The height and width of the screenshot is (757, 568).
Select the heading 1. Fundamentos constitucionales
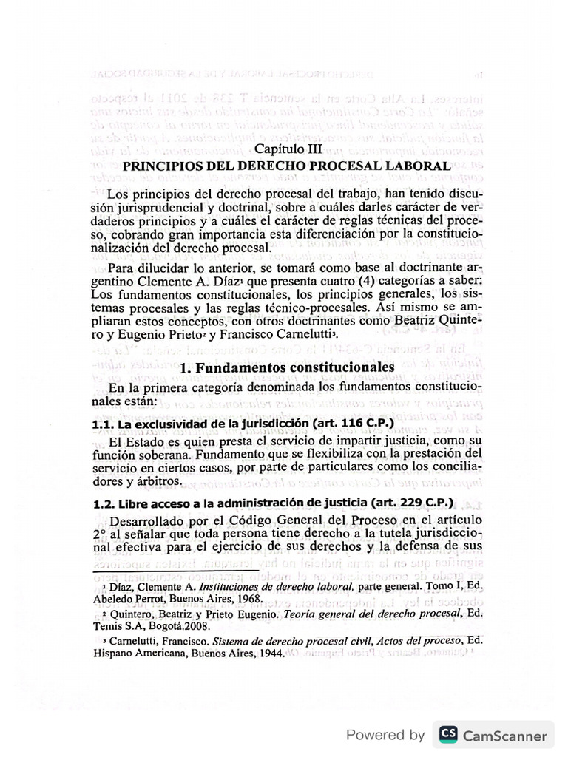288,367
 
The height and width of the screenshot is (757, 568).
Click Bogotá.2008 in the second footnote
172,627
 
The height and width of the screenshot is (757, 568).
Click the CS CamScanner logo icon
447,734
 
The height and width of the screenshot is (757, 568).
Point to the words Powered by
385,735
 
